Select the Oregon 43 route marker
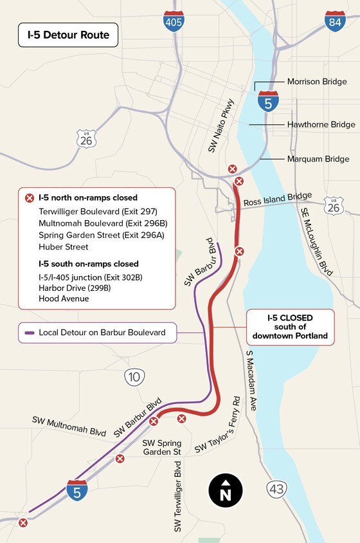276,490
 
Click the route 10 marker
134,378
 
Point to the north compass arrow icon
225,491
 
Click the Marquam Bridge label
318,159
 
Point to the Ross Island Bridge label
277,198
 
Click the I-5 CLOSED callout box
291,327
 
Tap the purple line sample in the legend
29,333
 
